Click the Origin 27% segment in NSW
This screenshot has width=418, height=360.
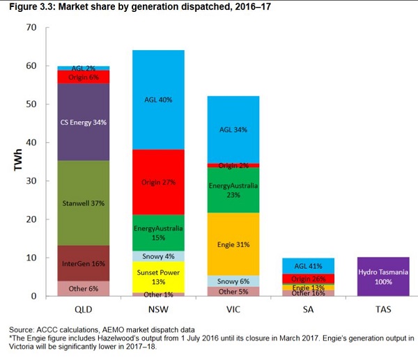[158, 182]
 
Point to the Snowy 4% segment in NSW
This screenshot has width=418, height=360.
[158, 256]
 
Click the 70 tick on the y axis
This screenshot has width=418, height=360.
[30, 28]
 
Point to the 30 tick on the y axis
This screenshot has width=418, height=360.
[30, 181]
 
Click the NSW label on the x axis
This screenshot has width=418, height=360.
[158, 308]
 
